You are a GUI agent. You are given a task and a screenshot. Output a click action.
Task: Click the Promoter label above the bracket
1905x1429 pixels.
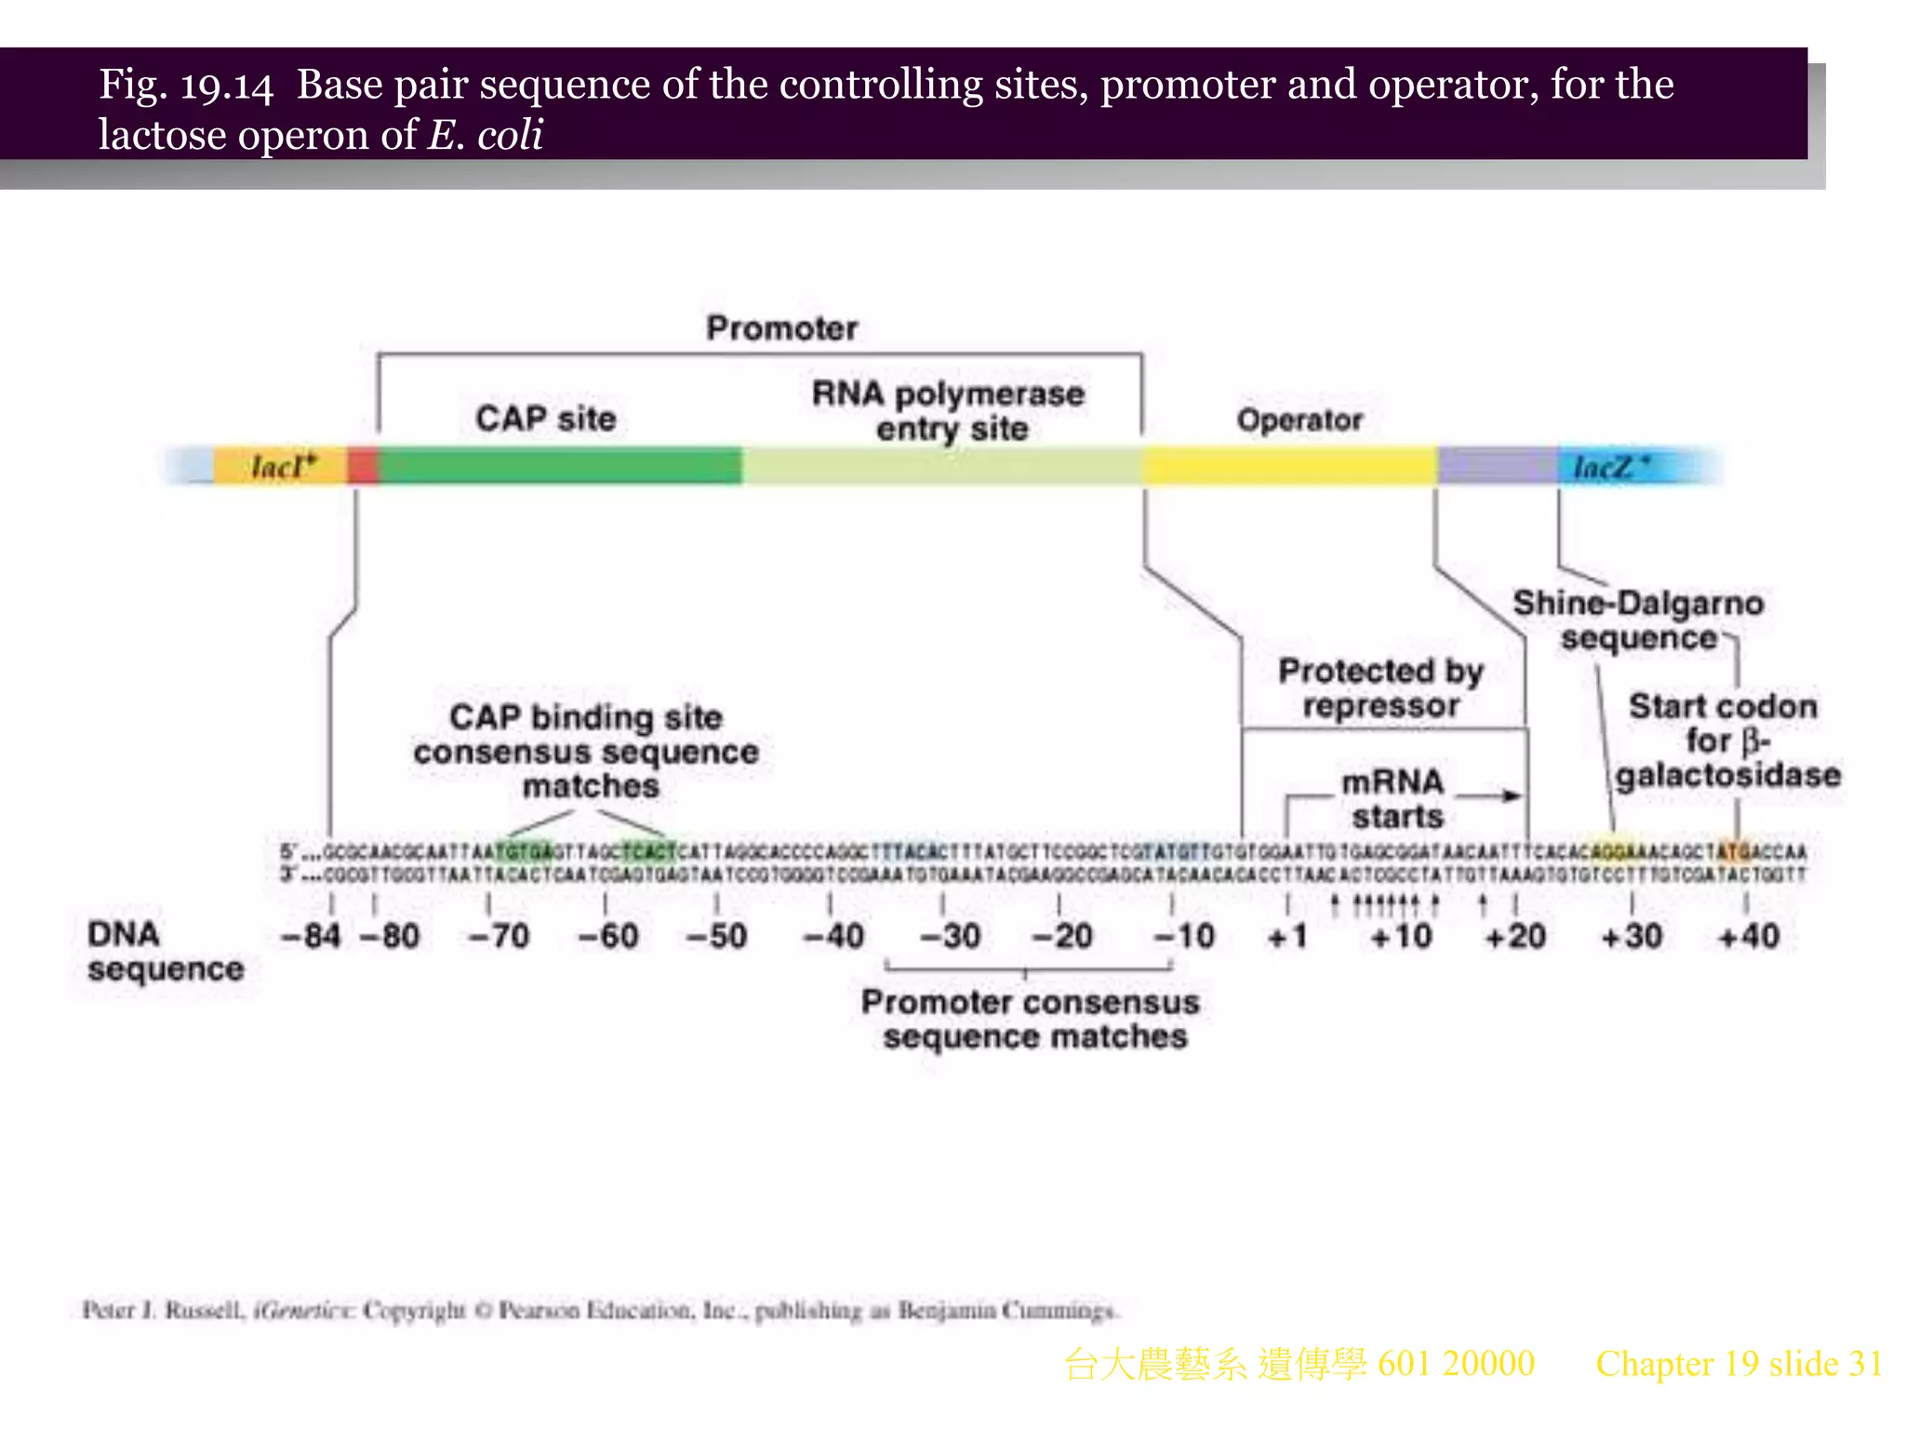[781, 328]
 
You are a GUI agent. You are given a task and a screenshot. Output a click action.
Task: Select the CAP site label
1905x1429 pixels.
[546, 419]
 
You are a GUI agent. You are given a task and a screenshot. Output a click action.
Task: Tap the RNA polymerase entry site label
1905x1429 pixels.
[948, 410]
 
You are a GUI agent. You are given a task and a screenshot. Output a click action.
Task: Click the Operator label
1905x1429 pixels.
[1299, 421]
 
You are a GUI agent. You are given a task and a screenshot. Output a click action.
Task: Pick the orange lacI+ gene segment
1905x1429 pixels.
[280, 465]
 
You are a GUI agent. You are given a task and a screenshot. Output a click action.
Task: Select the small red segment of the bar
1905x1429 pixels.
[363, 465]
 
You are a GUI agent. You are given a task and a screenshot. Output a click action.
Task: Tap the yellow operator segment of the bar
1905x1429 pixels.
[1288, 465]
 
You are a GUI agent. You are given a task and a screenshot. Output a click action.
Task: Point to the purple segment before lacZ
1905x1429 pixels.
[1497, 465]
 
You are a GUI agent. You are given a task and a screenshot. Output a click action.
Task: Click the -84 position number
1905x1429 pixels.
[311, 936]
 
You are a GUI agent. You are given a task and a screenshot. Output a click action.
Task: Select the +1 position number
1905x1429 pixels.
[1287, 936]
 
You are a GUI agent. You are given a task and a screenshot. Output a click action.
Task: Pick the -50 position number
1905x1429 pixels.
[716, 936]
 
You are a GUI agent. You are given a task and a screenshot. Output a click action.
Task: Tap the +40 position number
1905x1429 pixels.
[1749, 936]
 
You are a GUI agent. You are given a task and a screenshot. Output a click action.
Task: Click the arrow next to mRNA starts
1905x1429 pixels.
[1488, 795]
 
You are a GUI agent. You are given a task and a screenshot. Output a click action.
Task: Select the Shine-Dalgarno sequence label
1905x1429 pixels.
[1638, 621]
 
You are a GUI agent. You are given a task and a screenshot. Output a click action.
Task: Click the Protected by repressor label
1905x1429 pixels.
[1380, 688]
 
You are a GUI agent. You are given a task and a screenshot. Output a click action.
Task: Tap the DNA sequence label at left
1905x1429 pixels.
[165, 952]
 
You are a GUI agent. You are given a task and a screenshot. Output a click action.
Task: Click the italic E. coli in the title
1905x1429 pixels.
[485, 135]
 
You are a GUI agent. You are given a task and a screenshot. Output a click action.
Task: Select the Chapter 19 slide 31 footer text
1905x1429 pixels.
[1738, 1364]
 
